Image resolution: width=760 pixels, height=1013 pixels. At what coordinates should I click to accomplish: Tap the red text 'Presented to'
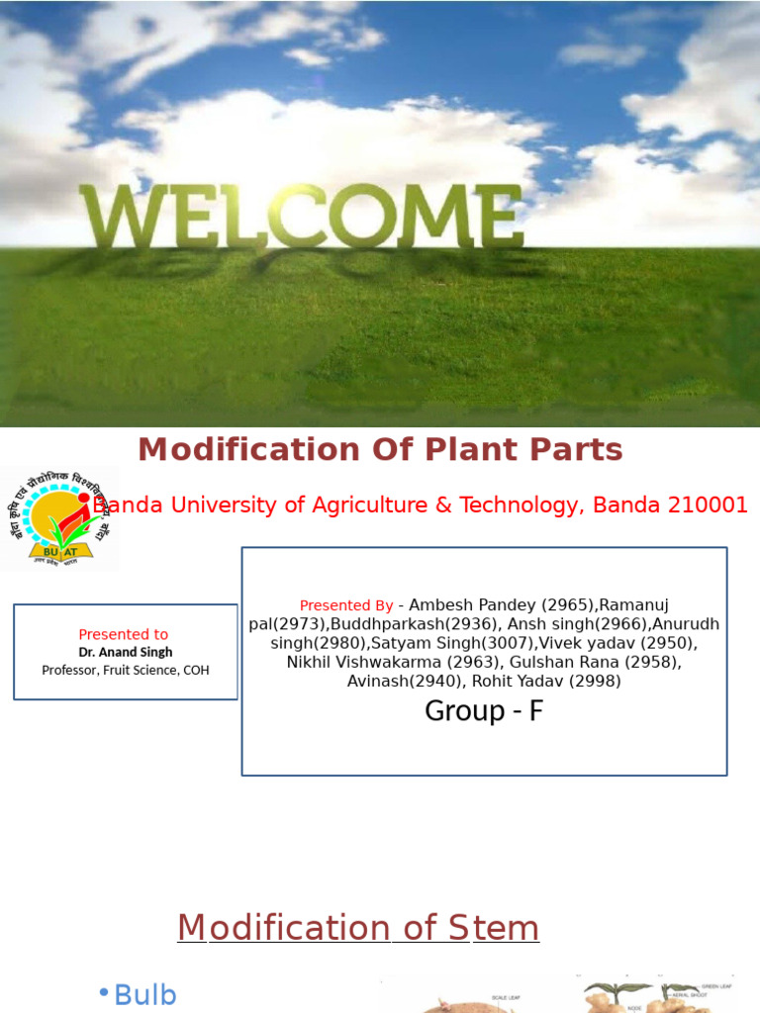tap(124, 634)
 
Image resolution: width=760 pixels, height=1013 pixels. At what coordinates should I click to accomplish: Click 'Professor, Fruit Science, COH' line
tap(126, 670)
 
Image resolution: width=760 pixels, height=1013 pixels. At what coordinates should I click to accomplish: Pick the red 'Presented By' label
tap(346, 605)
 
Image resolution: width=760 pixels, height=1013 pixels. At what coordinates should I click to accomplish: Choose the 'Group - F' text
tap(484, 710)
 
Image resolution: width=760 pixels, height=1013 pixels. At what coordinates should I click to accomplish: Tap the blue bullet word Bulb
tap(145, 994)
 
